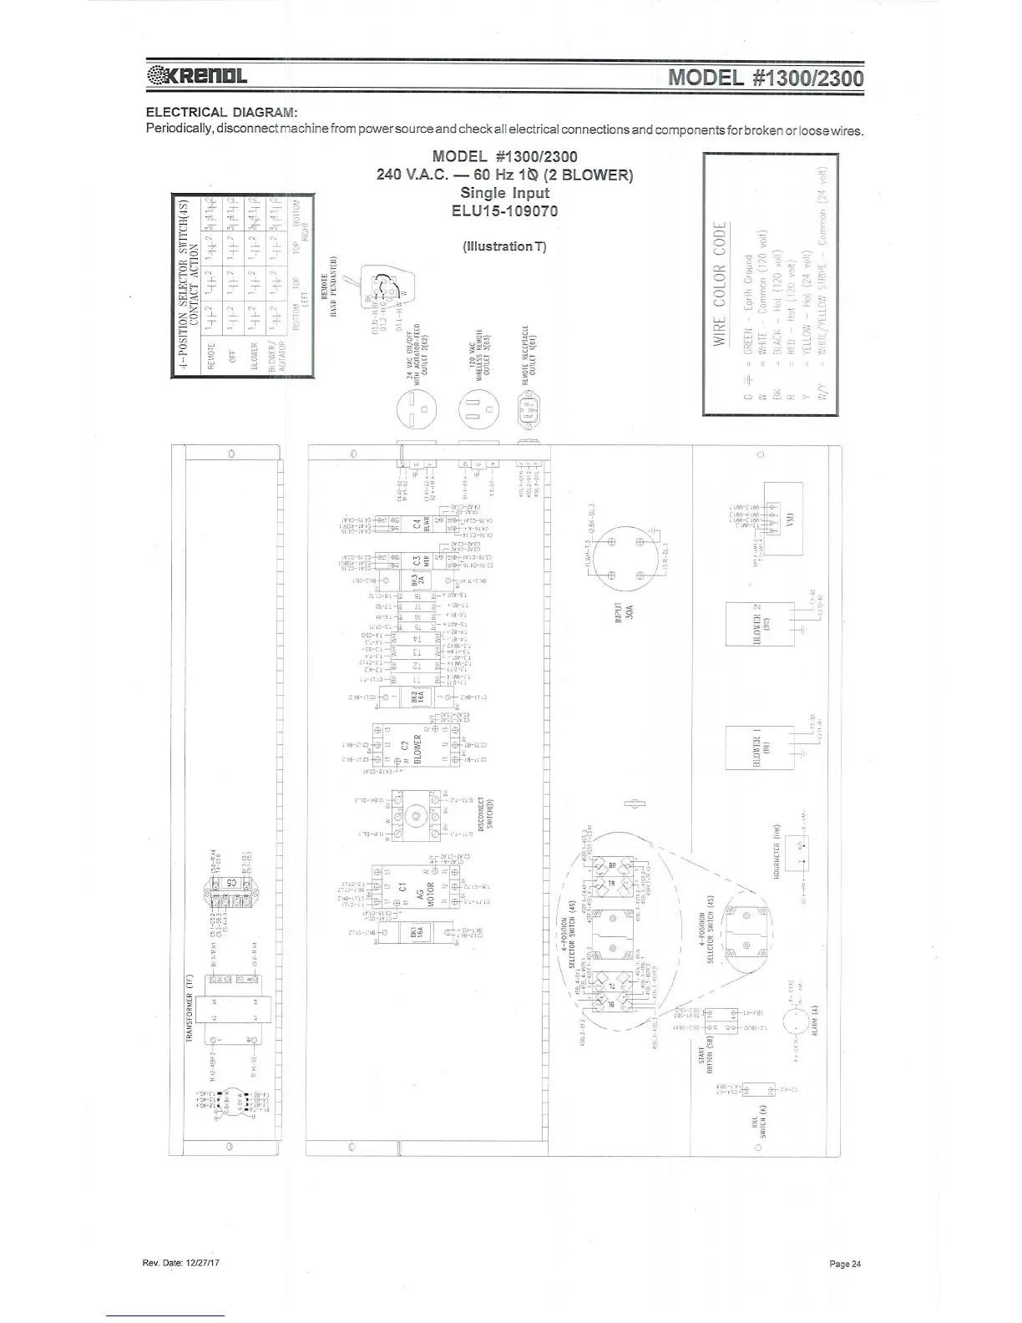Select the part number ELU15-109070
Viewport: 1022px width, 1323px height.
tap(504, 210)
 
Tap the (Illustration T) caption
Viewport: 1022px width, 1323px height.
tap(504, 246)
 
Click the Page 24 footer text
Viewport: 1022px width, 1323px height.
tap(845, 1264)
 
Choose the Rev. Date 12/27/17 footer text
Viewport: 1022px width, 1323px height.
tap(181, 1264)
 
